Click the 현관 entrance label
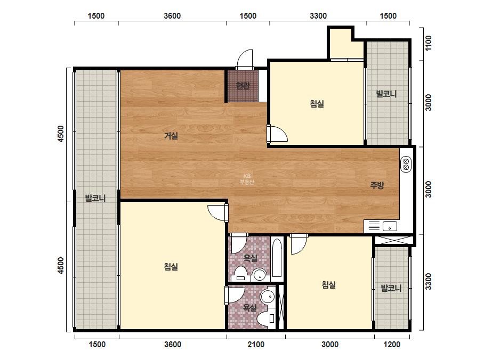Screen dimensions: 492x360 [243, 85]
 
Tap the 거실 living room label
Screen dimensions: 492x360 [171, 135]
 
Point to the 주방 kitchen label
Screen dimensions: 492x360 [377, 185]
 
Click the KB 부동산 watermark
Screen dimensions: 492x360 [247, 179]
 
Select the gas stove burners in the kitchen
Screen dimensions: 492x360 [406, 165]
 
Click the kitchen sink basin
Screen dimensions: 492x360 [390, 226]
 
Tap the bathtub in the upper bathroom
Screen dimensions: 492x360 [277, 258]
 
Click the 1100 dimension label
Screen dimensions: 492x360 [429, 43]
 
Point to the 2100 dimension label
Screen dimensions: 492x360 [256, 345]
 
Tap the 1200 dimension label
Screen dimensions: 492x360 [392, 345]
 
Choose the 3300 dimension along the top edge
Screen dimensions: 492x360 [318, 15]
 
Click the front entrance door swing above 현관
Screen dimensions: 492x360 [245, 59]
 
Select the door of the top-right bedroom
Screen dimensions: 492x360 [277, 134]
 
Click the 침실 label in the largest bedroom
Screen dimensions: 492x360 [171, 267]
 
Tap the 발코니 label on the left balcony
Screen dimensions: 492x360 [95, 198]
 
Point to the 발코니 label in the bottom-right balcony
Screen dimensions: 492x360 [391, 288]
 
